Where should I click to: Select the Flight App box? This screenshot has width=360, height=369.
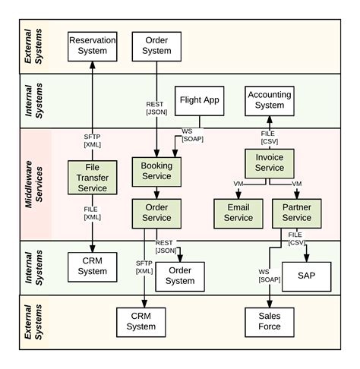pos(200,100)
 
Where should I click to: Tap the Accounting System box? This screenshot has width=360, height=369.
pos(269,100)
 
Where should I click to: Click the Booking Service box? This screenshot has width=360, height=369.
pos(156,171)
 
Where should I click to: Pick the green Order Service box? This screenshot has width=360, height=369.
pos(156,212)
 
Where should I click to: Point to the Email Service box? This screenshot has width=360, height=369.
pos(238,213)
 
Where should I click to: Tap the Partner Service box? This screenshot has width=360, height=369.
pos(297,213)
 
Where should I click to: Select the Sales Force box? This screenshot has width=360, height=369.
pos(270,321)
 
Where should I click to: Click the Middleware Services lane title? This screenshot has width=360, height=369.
pos(33,184)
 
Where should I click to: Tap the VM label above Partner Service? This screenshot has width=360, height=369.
pos(296,184)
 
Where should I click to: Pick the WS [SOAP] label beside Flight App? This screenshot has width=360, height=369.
pos(187,136)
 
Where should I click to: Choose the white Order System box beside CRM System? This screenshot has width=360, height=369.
pos(180,275)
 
